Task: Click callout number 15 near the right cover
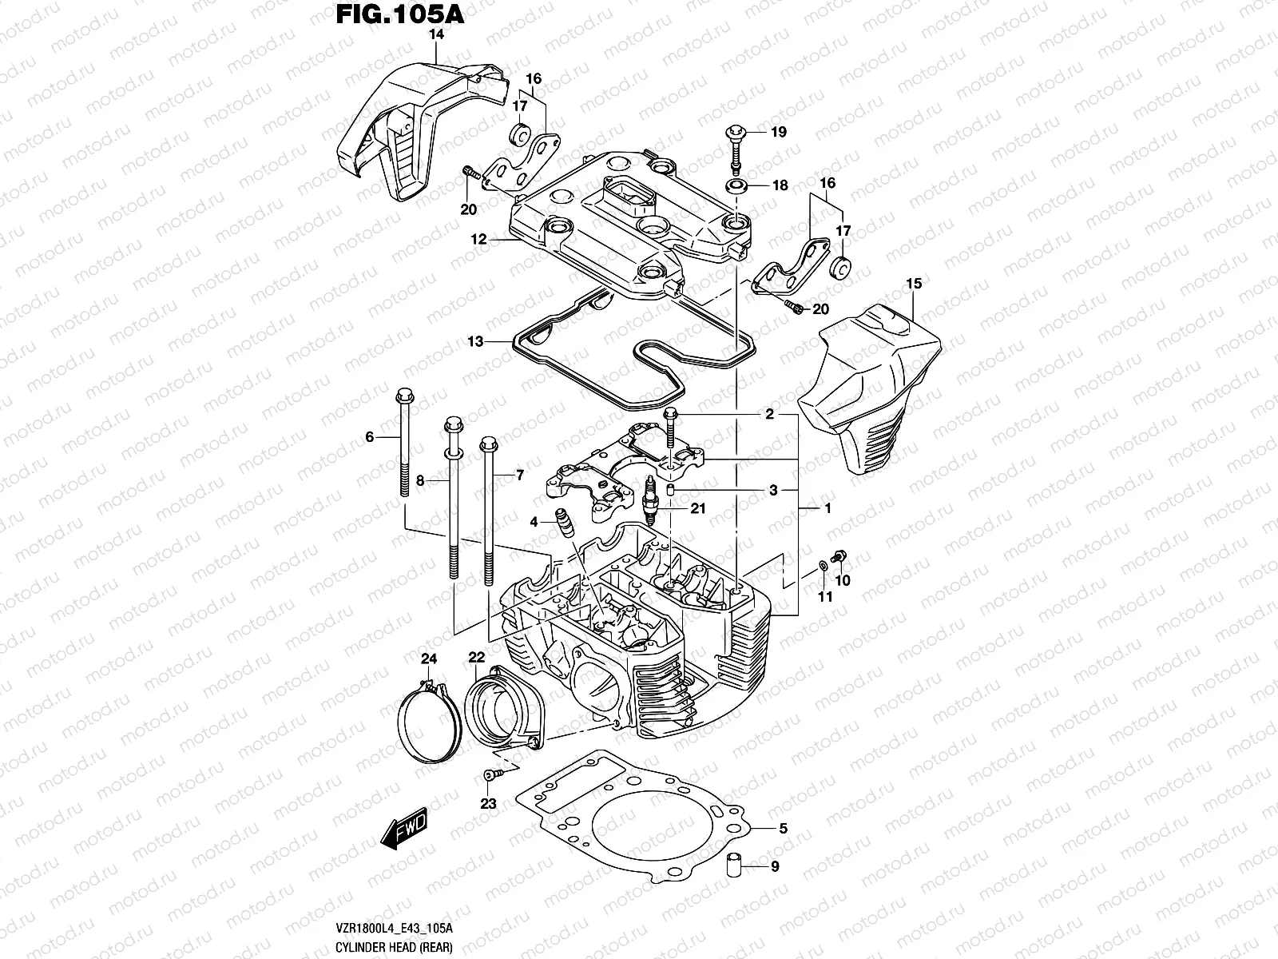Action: (x=914, y=284)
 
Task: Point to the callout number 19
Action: (x=779, y=132)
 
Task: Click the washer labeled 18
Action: (x=736, y=186)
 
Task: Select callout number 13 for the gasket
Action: (x=475, y=342)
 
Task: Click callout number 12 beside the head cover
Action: (x=478, y=239)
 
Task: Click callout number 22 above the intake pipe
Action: (x=477, y=657)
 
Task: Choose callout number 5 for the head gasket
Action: (x=783, y=829)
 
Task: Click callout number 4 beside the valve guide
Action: (x=534, y=523)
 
